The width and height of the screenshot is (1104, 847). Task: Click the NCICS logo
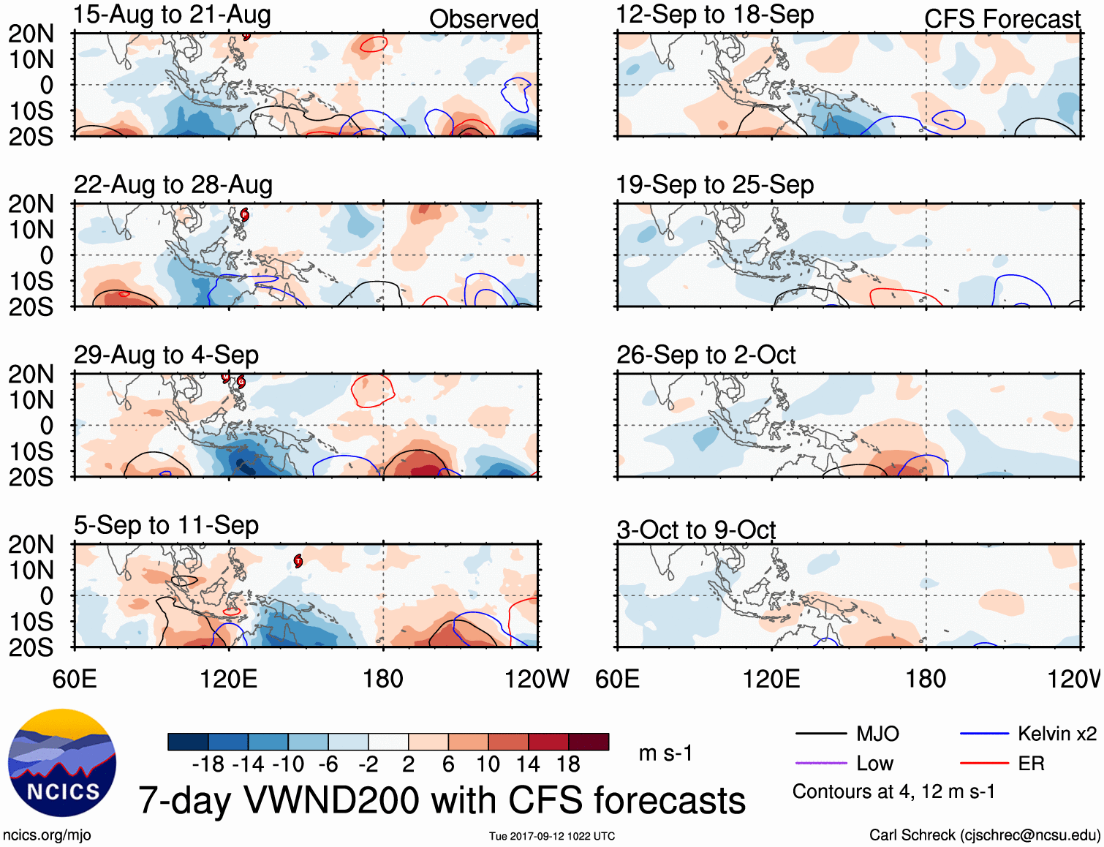point(62,763)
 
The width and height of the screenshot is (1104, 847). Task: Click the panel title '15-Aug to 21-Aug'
point(173,15)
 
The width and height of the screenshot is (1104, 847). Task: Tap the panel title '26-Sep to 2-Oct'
point(706,355)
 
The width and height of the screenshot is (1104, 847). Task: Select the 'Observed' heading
point(483,19)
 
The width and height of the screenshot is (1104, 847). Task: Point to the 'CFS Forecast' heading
point(1002,19)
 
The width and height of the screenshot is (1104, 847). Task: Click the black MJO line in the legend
point(821,734)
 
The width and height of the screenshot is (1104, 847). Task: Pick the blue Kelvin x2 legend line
point(984,734)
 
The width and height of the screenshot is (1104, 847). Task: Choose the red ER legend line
point(984,764)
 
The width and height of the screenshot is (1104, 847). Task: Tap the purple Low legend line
point(821,764)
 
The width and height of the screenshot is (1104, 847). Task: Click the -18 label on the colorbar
point(208,764)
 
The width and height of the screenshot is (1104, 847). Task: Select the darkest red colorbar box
point(589,742)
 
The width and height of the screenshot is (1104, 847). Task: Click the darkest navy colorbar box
point(188,742)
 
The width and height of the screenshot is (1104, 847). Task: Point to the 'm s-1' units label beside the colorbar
point(665,753)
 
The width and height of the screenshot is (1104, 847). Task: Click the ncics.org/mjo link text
point(47,835)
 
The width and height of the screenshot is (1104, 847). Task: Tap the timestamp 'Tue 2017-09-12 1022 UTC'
point(552,836)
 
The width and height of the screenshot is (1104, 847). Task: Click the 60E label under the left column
point(75,679)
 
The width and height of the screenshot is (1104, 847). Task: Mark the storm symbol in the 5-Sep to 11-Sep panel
point(298,561)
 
